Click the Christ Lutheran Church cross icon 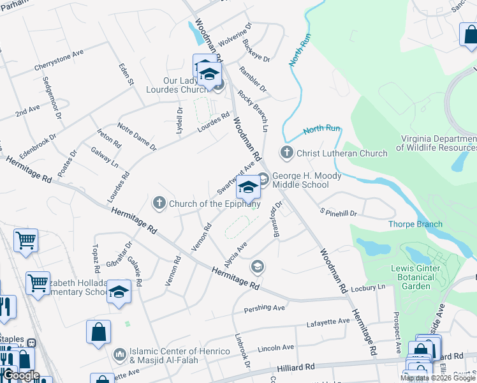pos(286,153)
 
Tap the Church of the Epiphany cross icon pos(159,204)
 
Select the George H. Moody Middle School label pos(307,180)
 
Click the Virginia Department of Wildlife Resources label pos(437,143)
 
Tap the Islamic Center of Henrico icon pos(119,354)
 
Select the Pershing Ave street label pos(265,309)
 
